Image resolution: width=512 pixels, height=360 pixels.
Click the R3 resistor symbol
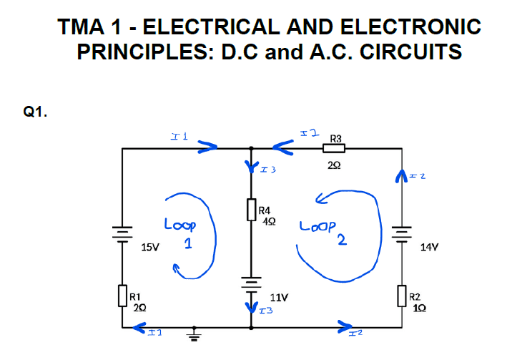pos(334,149)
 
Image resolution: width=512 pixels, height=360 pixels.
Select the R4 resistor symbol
pos(251,209)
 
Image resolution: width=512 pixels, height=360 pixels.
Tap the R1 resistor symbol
pos(123,294)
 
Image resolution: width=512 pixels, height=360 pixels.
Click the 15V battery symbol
pos(123,233)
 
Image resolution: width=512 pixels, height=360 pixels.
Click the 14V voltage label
pos(429,247)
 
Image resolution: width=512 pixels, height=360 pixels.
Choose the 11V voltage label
pos(279,296)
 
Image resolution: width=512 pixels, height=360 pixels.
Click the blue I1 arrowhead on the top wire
pos(208,147)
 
